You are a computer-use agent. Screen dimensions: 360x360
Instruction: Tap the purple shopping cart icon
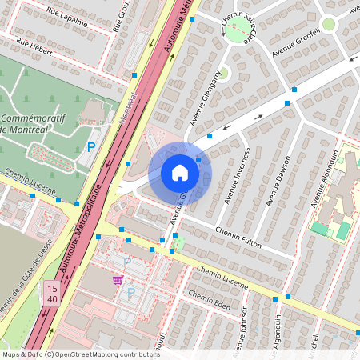[x=118, y=279]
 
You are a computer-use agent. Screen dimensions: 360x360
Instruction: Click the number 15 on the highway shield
[x=52, y=288]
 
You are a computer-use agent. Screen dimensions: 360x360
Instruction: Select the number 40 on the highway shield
[x=52, y=299]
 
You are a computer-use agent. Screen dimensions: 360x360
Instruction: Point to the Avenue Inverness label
[x=237, y=174]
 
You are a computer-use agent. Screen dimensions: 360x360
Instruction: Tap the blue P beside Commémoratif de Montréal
[x=91, y=147]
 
